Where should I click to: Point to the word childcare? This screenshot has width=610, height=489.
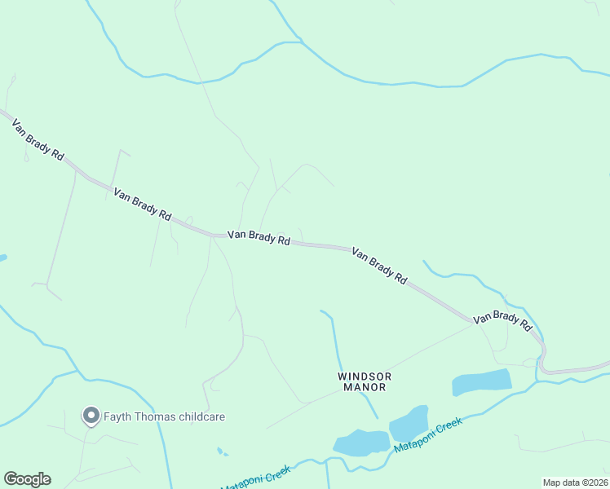[x=202, y=417]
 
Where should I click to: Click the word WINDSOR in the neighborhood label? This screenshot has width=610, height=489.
[x=365, y=377]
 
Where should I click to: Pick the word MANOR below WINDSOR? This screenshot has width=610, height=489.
[x=365, y=388]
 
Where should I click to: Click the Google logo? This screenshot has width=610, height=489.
[x=27, y=479]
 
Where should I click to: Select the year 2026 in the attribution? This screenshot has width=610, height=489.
[x=595, y=482]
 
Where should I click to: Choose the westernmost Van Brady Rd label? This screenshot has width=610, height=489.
[x=38, y=139]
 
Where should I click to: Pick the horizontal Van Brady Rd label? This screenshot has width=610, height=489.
[x=259, y=237]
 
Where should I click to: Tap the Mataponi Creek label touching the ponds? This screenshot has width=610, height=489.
[x=427, y=436]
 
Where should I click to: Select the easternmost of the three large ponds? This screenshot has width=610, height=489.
[x=482, y=381]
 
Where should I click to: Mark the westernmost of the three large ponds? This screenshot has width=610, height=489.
[x=360, y=442]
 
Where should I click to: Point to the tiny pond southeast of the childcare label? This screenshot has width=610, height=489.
[x=222, y=451]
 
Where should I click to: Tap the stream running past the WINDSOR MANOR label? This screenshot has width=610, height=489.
[x=335, y=342]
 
